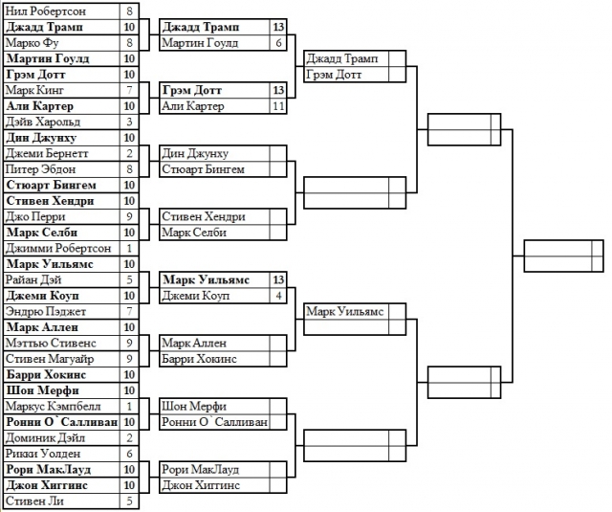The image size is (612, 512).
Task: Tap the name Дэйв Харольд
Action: [x=43, y=122]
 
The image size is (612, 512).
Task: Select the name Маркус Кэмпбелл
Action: [x=50, y=406]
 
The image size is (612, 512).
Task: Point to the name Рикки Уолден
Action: [x=43, y=453]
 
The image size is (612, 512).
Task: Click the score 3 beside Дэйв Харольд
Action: [x=129, y=122]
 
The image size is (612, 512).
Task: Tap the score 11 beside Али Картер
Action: [x=278, y=106]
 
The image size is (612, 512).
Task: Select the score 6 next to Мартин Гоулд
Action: [x=278, y=43]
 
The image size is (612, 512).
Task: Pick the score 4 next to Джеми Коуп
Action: [x=278, y=296]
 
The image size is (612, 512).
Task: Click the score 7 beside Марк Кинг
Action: [x=129, y=90]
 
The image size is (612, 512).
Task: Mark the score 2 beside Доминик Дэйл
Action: [x=129, y=437]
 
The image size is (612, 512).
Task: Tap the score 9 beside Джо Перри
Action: [x=129, y=216]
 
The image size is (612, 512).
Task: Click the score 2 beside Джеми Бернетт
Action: [x=129, y=153]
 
